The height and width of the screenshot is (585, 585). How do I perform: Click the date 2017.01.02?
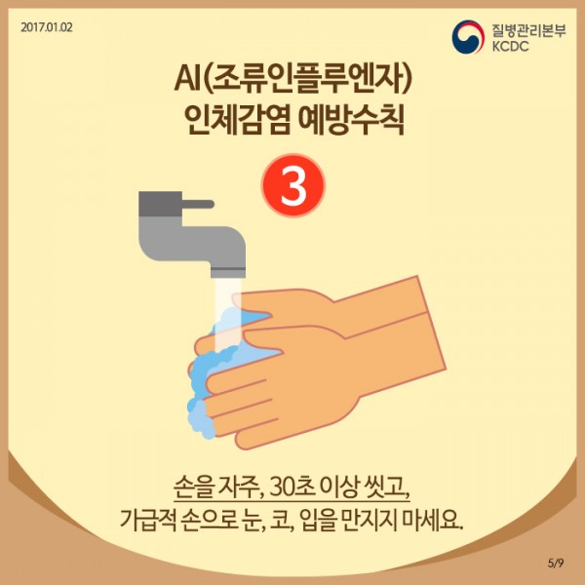click(47, 27)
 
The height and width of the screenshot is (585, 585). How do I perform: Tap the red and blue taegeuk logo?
click(468, 37)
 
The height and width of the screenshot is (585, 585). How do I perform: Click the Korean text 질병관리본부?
click(528, 30)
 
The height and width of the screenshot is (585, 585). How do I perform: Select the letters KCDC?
click(510, 46)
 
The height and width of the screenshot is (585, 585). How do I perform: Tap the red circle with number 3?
click(293, 186)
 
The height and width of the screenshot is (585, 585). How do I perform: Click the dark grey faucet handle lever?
click(198, 204)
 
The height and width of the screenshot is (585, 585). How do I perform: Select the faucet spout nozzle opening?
click(228, 273)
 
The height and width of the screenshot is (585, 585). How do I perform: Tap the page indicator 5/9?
click(556, 563)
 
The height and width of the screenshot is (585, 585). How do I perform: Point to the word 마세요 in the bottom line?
click(434, 519)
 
